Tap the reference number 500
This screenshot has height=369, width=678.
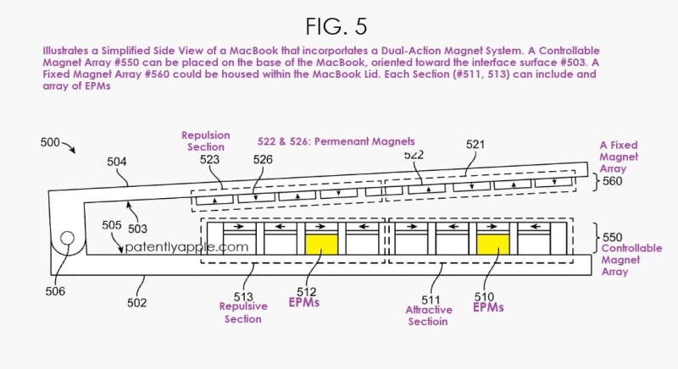[x=49, y=143]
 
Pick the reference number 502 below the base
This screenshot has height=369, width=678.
[x=136, y=302]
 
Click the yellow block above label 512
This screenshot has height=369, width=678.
[x=321, y=245]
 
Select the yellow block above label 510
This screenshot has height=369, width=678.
[x=493, y=245]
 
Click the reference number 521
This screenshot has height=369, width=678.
[x=477, y=146]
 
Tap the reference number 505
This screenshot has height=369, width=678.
[x=111, y=225]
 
